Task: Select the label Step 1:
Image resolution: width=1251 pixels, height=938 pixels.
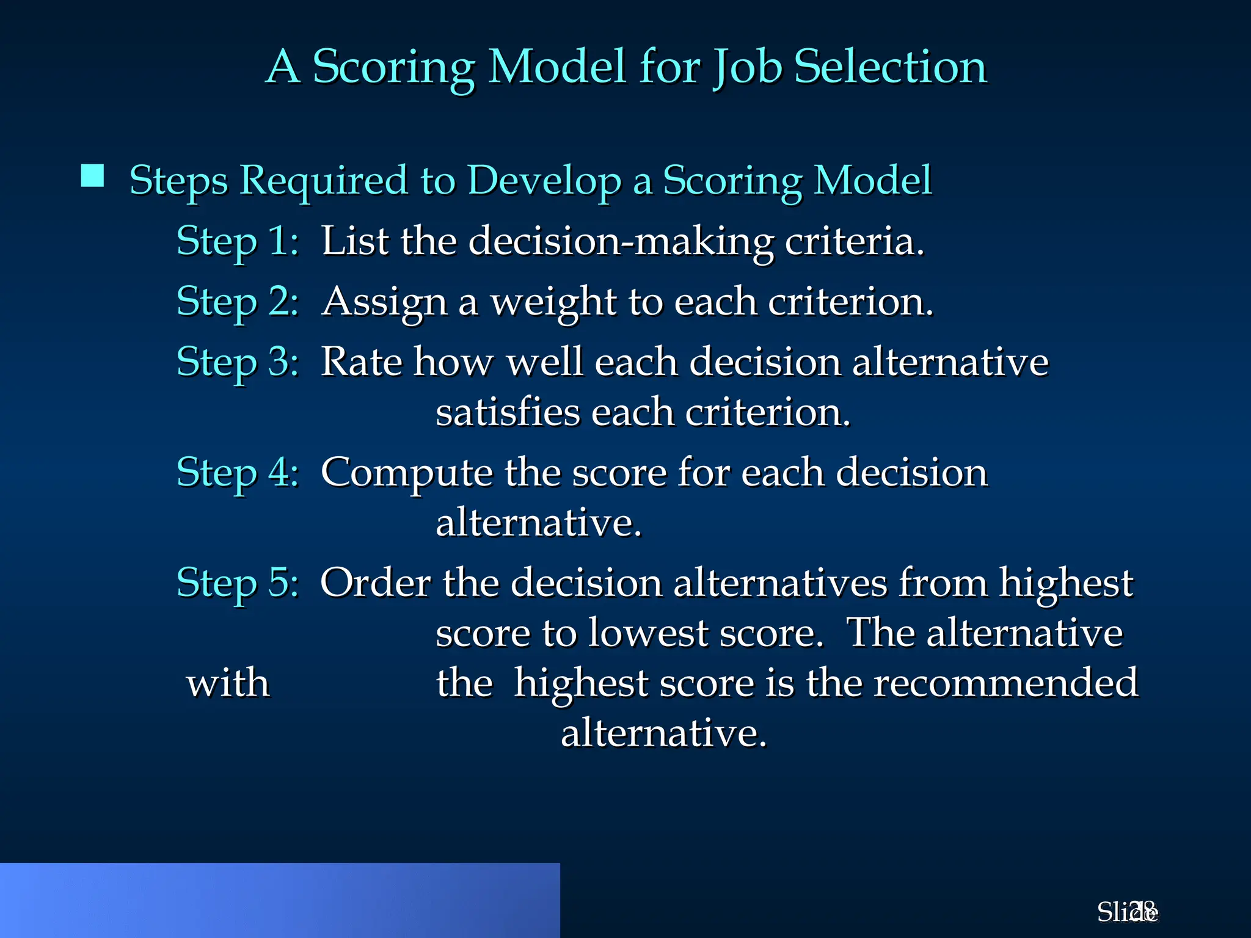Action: [x=238, y=241]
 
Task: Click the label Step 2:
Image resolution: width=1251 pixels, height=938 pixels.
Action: [x=238, y=301]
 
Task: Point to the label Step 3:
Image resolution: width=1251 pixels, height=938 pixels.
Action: [x=238, y=362]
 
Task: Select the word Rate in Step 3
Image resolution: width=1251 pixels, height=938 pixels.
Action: [x=361, y=362]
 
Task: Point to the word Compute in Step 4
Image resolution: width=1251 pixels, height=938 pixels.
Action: [x=406, y=473]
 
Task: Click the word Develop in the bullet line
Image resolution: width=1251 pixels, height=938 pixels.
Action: [x=544, y=181]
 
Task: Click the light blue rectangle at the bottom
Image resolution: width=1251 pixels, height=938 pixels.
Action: [x=279, y=900]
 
